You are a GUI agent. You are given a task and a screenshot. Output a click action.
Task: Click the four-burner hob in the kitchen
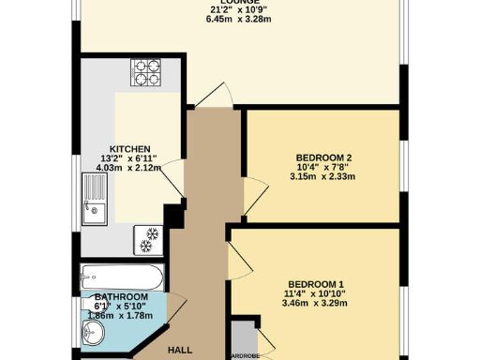click(146, 72)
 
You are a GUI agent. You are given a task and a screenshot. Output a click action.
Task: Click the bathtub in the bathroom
click(123, 277)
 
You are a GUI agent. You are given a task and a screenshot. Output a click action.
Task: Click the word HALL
click(181, 350)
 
